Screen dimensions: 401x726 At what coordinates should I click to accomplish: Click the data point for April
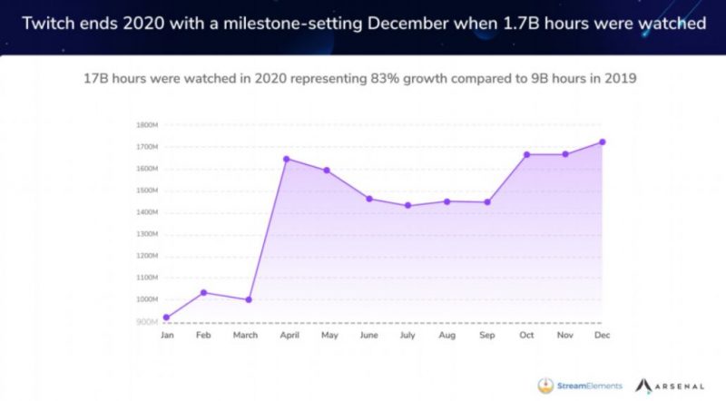(287, 159)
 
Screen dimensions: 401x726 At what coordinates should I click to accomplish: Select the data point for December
(602, 142)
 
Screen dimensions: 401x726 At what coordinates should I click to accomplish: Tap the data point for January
(166, 318)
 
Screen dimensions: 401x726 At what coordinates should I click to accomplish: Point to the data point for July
(407, 205)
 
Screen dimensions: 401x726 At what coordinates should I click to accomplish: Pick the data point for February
(203, 292)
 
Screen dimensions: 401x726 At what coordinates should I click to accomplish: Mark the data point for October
(525, 154)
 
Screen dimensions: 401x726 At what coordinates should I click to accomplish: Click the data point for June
(369, 198)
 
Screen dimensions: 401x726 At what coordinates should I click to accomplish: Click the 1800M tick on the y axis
(146, 125)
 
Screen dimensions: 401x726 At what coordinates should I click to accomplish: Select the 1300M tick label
(146, 234)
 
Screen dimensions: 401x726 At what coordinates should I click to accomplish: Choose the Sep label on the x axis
(487, 336)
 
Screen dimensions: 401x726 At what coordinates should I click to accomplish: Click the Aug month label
(446, 336)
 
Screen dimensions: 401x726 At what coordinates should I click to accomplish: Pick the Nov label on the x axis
(565, 336)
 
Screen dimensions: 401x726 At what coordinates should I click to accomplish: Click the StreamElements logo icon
(546, 385)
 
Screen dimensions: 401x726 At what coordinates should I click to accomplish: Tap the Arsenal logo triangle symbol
(647, 385)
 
